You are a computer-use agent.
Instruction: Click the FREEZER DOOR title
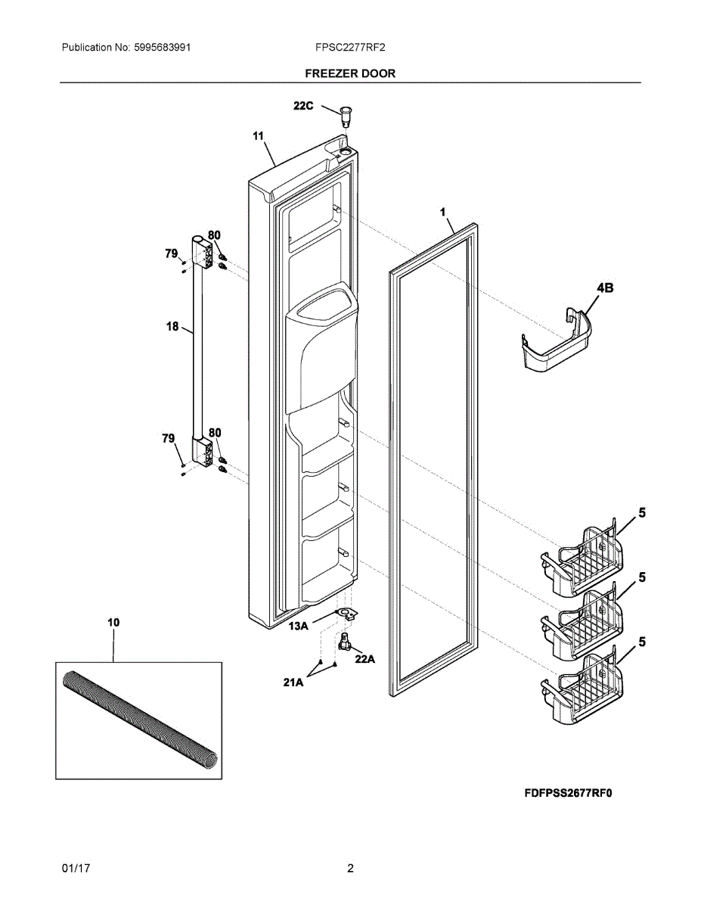[350, 73]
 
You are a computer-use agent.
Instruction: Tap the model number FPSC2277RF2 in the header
[350, 48]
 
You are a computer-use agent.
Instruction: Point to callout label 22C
[303, 107]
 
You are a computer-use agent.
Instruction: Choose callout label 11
[258, 136]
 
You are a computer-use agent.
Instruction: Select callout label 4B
[604, 288]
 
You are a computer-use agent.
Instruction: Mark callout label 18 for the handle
[172, 327]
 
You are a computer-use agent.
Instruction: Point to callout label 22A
[365, 659]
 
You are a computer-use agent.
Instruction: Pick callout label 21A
[293, 683]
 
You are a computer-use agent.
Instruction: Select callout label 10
[113, 622]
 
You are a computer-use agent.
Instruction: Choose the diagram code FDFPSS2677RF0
[567, 794]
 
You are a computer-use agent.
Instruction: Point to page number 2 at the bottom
[350, 869]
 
